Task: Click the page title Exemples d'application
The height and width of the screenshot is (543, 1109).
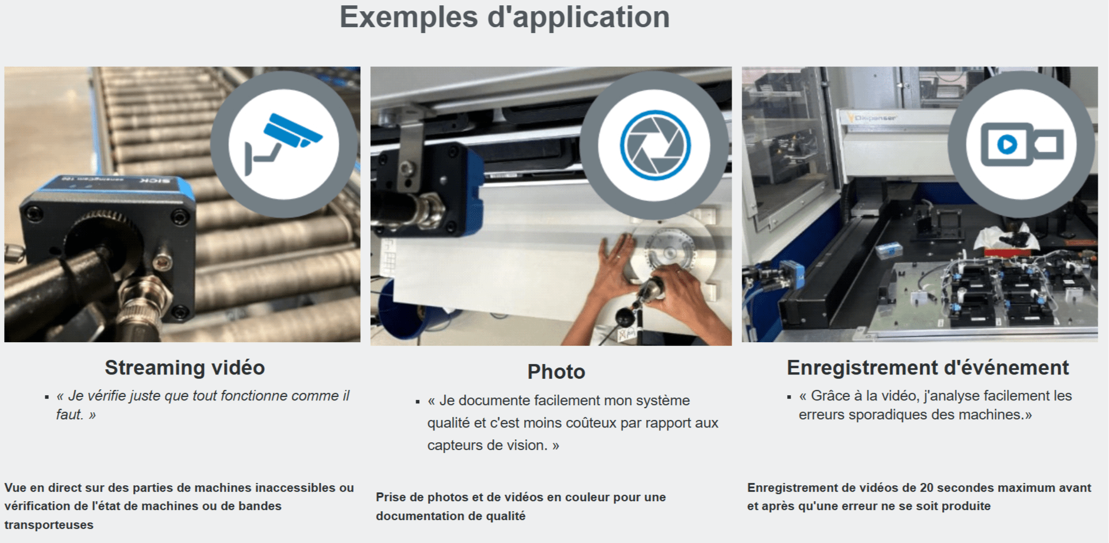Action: (x=505, y=17)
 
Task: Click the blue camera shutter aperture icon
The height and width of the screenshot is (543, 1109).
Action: (x=655, y=145)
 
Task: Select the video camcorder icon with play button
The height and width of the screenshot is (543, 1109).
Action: (x=1022, y=144)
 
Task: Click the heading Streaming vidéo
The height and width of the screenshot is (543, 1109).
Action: (x=185, y=367)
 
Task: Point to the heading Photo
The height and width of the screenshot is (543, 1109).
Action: (x=556, y=372)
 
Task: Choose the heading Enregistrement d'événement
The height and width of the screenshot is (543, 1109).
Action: (x=927, y=367)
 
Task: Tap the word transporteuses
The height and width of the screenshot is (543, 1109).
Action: (x=49, y=525)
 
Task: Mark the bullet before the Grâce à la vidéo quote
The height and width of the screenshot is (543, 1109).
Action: (x=789, y=397)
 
